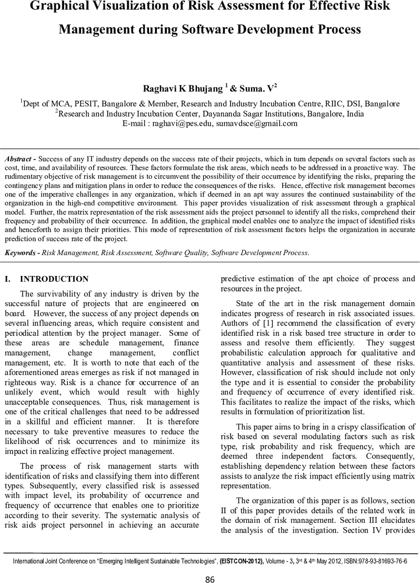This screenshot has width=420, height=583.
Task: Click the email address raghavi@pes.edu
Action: coord(181,123)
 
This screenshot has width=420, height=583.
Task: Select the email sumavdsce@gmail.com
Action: coord(256,123)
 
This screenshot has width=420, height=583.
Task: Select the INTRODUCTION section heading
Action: coord(54,279)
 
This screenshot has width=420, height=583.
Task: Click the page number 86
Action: coord(210,579)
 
